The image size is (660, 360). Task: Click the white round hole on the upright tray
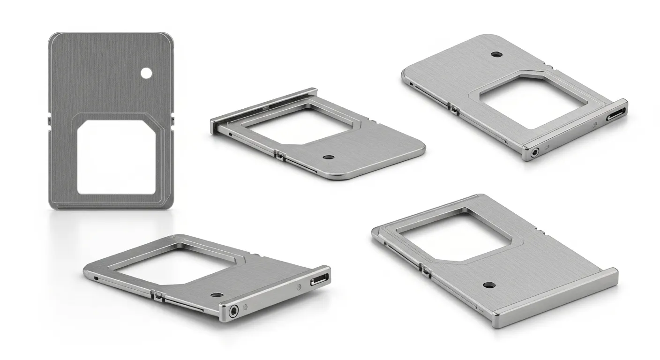click(146, 73)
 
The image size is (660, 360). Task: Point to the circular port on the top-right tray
click(534, 151)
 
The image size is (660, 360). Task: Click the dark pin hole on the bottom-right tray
click(487, 285)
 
